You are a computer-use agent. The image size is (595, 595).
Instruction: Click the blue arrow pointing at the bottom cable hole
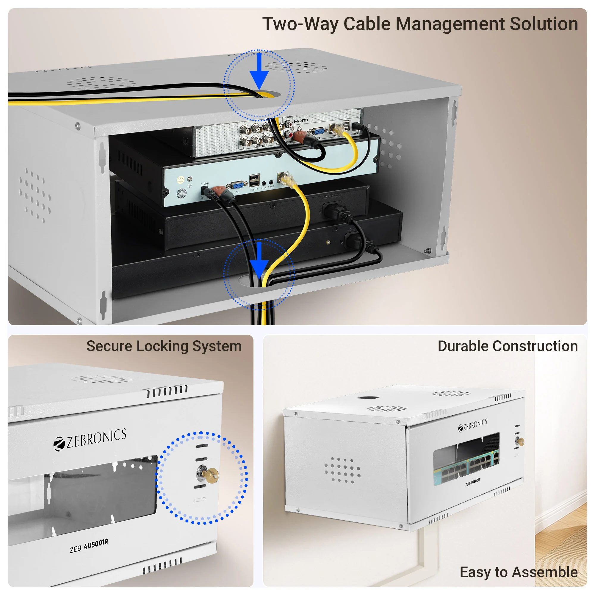click(x=259, y=260)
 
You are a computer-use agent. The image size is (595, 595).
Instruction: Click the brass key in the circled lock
click(x=211, y=475)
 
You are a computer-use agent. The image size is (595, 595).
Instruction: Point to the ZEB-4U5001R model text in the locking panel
click(x=89, y=546)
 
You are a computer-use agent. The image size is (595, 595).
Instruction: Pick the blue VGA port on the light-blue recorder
click(x=237, y=186)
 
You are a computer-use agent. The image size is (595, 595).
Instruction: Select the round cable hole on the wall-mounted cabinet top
click(x=368, y=397)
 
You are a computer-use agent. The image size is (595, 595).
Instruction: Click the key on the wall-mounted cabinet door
click(x=520, y=442)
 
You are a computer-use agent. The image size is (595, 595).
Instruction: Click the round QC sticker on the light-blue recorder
click(x=181, y=180)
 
